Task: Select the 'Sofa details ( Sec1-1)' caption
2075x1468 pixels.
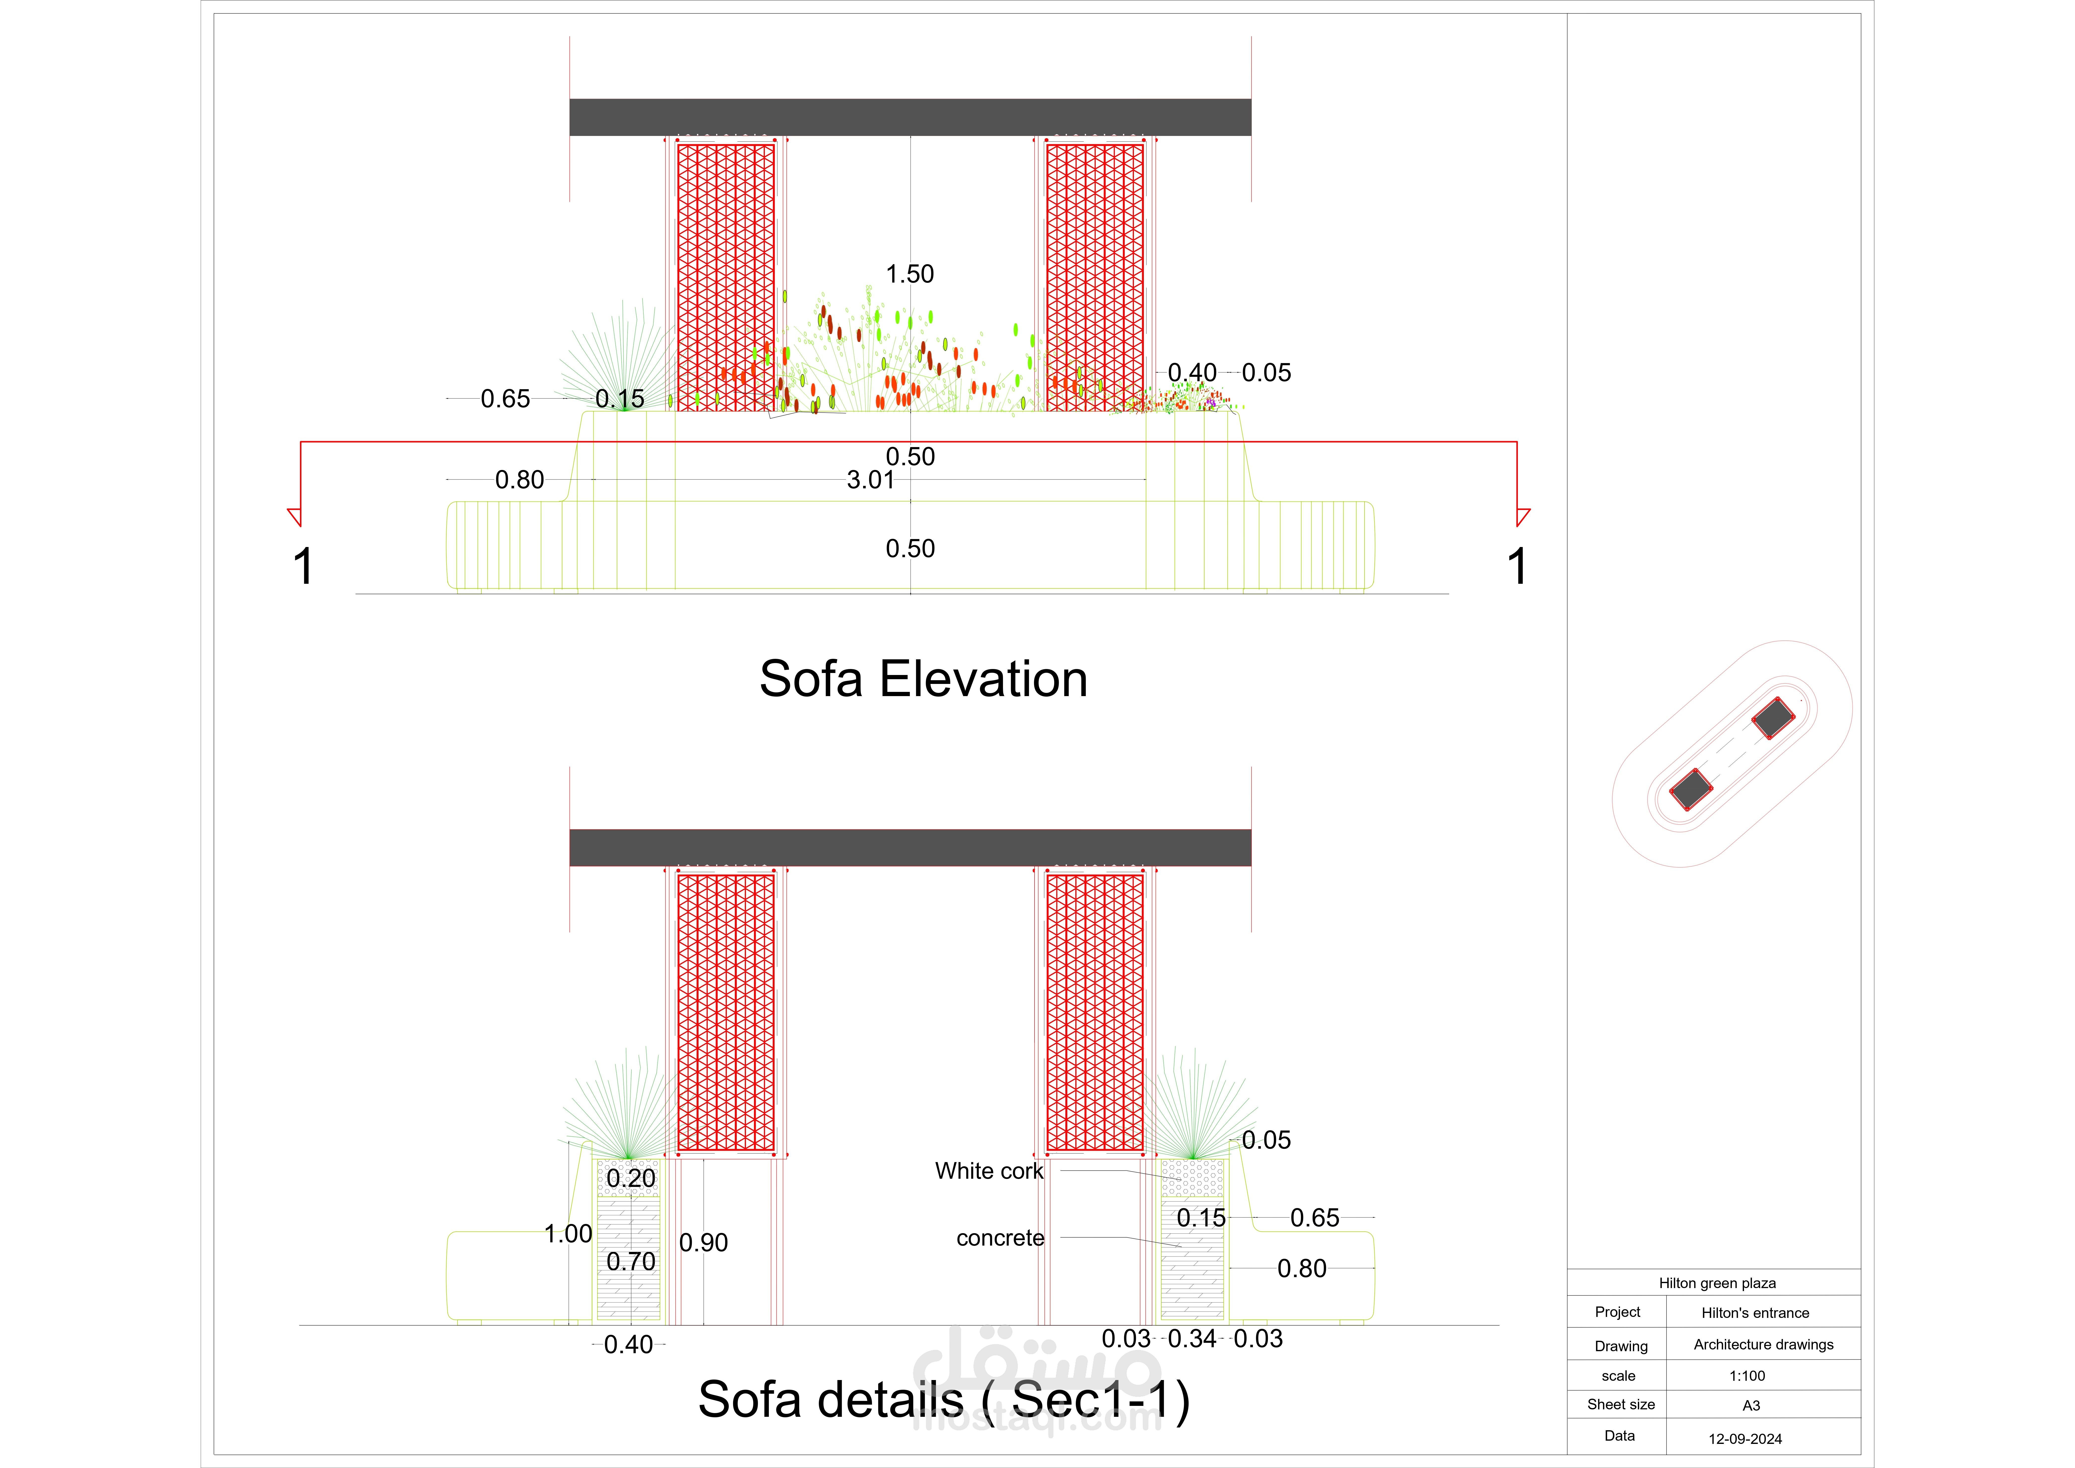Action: (944, 1400)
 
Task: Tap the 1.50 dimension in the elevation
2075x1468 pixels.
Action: (909, 274)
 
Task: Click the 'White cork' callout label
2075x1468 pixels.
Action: (989, 1172)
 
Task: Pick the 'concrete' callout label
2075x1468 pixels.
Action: (999, 1238)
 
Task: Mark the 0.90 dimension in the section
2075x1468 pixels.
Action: (703, 1243)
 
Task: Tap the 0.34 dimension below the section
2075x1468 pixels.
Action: (1191, 1339)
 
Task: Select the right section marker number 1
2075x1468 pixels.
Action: (1516, 567)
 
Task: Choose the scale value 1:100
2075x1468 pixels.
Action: (1746, 1376)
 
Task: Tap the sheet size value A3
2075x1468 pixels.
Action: (1750, 1406)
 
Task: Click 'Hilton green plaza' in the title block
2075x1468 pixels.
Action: (1716, 1283)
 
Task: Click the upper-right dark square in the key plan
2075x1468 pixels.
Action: (1772, 719)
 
